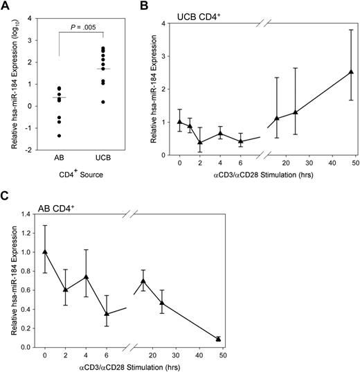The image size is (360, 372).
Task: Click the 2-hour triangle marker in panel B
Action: tap(200, 142)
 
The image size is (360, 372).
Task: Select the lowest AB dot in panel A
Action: tap(59, 136)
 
